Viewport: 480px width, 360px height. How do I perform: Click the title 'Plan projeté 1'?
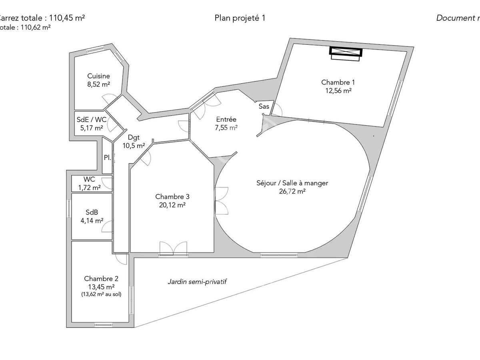pos(240,18)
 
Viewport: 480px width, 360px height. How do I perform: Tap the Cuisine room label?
pos(98,76)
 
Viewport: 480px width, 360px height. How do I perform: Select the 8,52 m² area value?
pos(98,84)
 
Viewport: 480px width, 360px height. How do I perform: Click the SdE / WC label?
pos(91,120)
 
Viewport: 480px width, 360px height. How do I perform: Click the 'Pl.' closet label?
pos(107,158)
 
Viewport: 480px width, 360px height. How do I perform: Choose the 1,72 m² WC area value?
pos(89,187)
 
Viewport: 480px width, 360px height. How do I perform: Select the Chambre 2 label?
pos(101,278)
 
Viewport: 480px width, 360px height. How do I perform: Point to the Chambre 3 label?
pos(172,196)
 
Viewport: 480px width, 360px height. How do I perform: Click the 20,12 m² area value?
pos(172,205)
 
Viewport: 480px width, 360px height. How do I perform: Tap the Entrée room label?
pos(226,119)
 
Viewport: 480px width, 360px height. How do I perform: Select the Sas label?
pos(264,106)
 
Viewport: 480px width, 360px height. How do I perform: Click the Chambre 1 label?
pos(338,82)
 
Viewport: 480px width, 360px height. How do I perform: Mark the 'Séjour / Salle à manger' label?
pos(292,183)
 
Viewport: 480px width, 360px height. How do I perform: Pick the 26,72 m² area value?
pos(292,191)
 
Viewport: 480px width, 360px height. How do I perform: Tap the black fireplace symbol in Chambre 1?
pos(346,52)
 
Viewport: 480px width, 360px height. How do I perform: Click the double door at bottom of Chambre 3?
pos(173,249)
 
